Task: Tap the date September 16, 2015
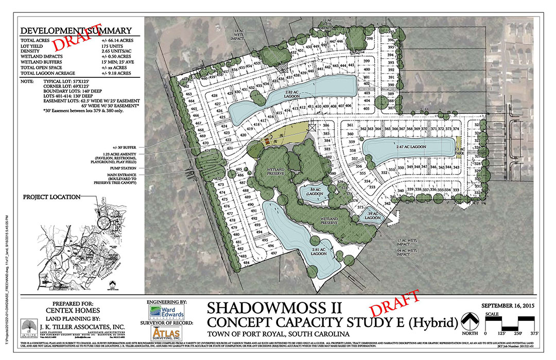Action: pyautogui.click(x=510, y=306)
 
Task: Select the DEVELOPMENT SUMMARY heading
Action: pyautogui.click(x=76, y=30)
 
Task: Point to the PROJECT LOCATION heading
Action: pyautogui.click(x=51, y=197)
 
